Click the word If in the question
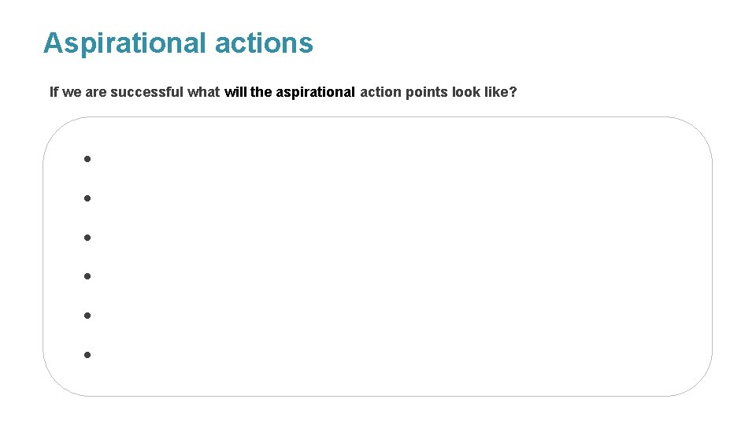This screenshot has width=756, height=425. (54, 92)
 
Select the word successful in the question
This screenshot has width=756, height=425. (147, 92)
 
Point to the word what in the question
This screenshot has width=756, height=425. (204, 92)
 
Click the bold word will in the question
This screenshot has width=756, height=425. (235, 92)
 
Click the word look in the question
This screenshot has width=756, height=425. (466, 92)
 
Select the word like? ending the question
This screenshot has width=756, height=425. (502, 92)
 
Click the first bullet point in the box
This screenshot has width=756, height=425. (88, 159)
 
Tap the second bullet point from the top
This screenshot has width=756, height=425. (88, 198)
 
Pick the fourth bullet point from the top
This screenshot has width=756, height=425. (88, 276)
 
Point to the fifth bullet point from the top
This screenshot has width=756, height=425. (88, 316)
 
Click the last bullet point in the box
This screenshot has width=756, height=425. (88, 355)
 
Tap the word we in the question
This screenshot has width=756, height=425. (71, 92)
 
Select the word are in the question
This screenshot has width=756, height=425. (95, 92)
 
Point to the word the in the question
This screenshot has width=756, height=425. (261, 92)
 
